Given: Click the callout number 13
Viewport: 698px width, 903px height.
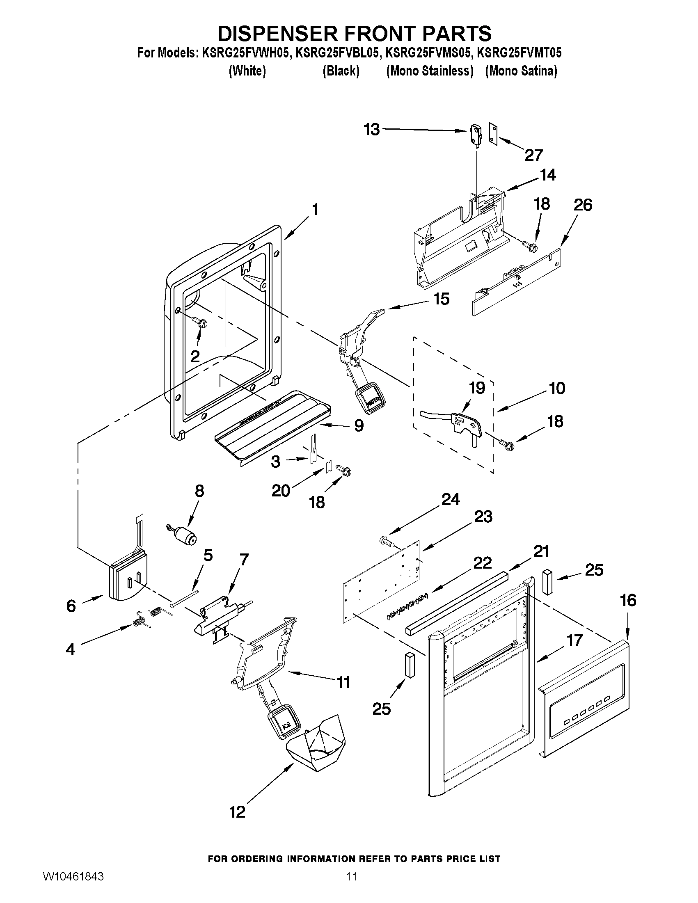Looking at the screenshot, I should (371, 130).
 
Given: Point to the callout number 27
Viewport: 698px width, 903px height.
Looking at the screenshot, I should (533, 155).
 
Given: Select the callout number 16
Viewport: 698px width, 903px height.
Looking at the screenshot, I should (628, 600).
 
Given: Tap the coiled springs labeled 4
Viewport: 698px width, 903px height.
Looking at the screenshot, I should (148, 616).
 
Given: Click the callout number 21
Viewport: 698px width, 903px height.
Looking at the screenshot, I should (541, 551).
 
